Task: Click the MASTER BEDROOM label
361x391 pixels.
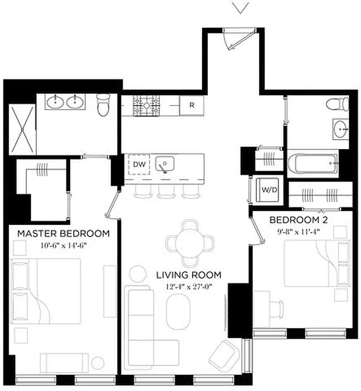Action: pyautogui.click(x=63, y=233)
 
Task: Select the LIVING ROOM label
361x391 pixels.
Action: pyautogui.click(x=188, y=275)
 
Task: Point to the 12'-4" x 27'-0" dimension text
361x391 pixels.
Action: pyautogui.click(x=188, y=286)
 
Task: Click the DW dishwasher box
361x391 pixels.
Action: pyautogui.click(x=139, y=165)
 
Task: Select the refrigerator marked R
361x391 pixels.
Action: pyautogui.click(x=192, y=105)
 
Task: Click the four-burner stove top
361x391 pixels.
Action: pyautogui.click(x=147, y=105)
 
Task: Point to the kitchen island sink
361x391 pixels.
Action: pyautogui.click(x=166, y=164)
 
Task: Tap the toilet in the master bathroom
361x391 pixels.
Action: pyautogui.click(x=103, y=105)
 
